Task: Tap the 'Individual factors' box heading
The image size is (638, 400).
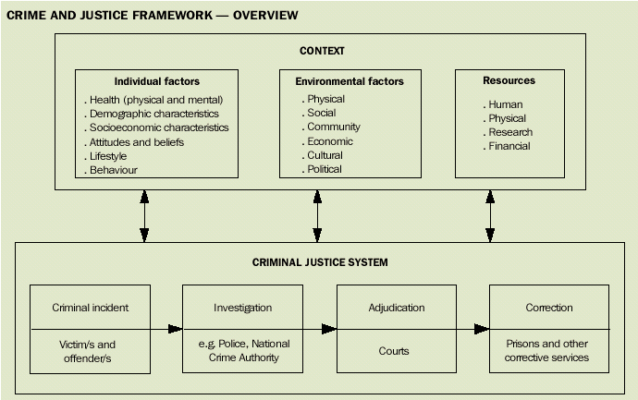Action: [x=157, y=81]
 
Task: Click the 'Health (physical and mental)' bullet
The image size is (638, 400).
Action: [x=156, y=100]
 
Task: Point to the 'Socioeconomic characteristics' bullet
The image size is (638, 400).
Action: [x=159, y=127]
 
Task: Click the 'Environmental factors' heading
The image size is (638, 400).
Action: [x=350, y=81]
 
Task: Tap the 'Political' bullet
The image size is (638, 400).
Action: [x=325, y=169]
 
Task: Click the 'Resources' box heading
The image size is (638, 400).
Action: [x=509, y=80]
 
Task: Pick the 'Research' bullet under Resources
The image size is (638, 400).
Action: [x=509, y=132]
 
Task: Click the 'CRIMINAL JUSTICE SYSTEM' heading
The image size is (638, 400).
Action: [x=320, y=262]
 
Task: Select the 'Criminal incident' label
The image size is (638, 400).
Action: [x=91, y=308]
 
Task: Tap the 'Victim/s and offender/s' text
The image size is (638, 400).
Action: [x=91, y=351]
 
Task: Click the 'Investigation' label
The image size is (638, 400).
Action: [x=243, y=308]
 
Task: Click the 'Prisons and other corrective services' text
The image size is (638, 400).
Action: [x=548, y=351]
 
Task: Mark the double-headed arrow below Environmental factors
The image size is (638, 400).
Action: [x=317, y=216]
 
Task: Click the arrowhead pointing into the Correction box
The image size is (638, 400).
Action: [x=482, y=329]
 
